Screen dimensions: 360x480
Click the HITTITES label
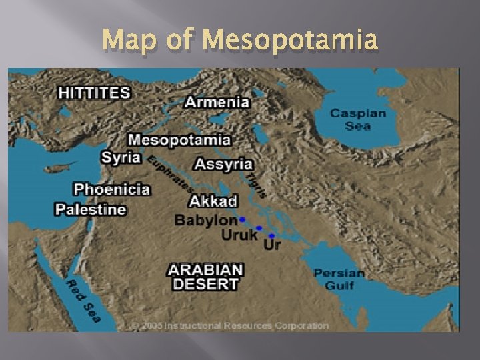[x=94, y=92]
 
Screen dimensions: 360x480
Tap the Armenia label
[x=217, y=102]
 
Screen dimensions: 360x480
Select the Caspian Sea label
[x=358, y=119]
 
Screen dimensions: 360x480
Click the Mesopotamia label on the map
[x=179, y=140]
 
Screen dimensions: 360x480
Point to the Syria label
[x=121, y=157]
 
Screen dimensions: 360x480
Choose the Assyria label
[x=223, y=163]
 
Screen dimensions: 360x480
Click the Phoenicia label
[x=111, y=189]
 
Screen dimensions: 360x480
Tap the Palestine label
[x=90, y=209]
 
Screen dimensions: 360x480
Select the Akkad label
[x=213, y=201]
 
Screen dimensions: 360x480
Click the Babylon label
[x=205, y=219]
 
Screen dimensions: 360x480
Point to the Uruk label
[x=239, y=235]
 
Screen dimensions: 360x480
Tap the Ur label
[x=272, y=245]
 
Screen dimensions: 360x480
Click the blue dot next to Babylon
[x=243, y=219]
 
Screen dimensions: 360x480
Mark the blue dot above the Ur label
[x=272, y=235]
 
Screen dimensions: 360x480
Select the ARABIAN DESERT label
[x=205, y=277]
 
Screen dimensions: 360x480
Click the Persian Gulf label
[x=339, y=279]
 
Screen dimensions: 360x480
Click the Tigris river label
[x=257, y=185]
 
